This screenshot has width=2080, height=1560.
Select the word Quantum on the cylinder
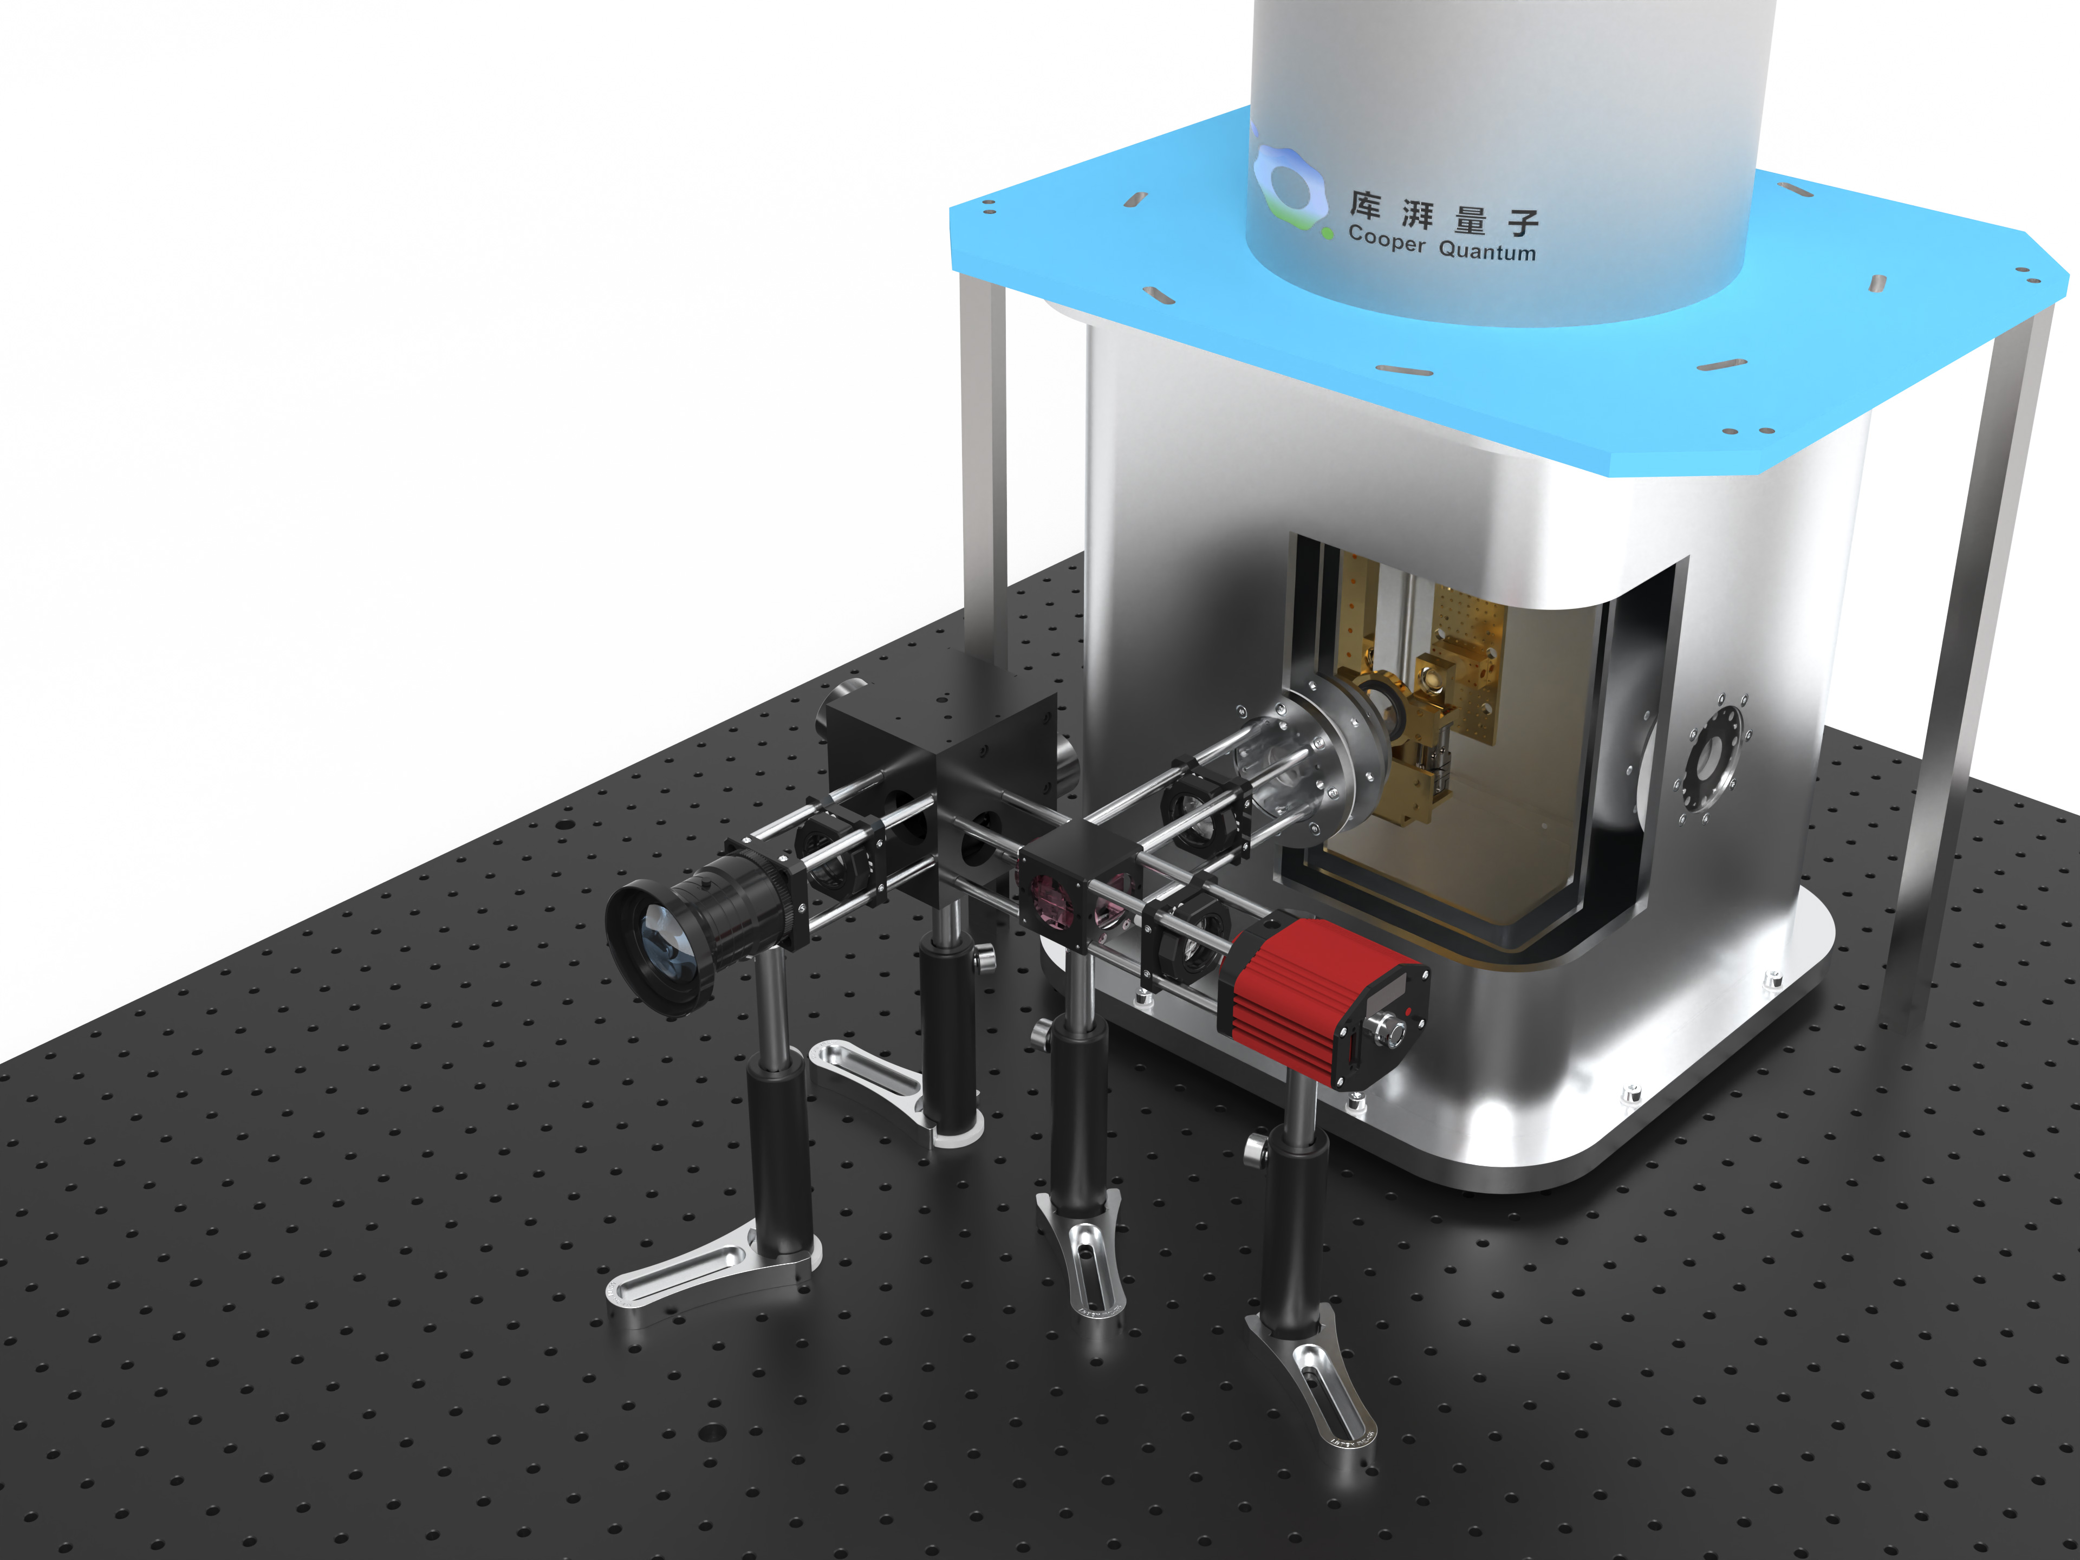[1487, 250]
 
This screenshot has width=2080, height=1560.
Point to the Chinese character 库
[1366, 204]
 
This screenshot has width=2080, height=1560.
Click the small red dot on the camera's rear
[1408, 1011]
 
